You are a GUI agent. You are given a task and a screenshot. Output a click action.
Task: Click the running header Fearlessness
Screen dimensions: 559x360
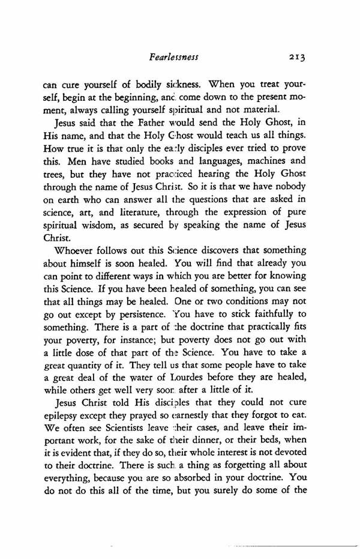(x=173, y=57)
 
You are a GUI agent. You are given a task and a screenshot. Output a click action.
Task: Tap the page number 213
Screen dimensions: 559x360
(x=297, y=57)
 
